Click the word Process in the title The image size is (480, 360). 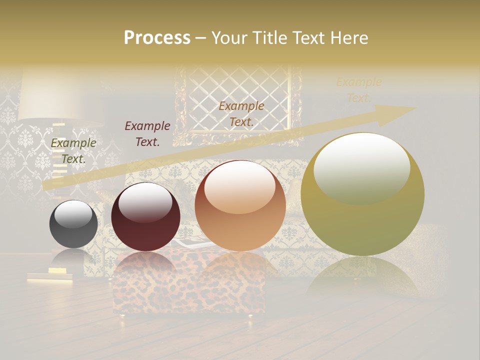[x=157, y=38]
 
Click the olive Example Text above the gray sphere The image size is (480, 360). [x=73, y=150]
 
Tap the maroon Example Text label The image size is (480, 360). [x=147, y=133]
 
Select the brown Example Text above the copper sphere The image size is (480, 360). [x=241, y=113]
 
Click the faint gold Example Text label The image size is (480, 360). [x=358, y=90]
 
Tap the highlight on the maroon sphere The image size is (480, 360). [x=145, y=202]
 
